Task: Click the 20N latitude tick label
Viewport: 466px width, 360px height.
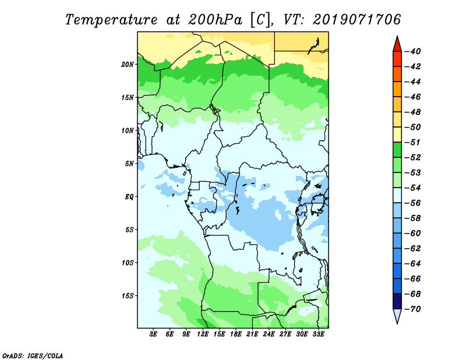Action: coord(127,65)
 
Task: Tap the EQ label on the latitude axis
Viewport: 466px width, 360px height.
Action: coord(129,197)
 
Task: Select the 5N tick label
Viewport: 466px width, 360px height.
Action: coord(129,164)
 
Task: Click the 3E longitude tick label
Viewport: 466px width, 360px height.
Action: coord(153,334)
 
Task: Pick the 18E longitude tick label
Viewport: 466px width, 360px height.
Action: coord(236,334)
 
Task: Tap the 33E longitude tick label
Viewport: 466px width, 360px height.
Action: coord(318,334)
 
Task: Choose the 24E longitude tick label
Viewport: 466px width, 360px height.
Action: coord(269,334)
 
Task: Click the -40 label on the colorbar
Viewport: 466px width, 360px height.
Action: coord(413,51)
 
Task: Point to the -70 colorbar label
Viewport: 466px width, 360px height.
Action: coord(413,309)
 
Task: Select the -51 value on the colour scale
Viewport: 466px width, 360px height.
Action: coord(413,142)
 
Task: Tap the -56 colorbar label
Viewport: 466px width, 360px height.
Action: coord(413,203)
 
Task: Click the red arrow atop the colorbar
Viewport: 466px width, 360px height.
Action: coord(397,45)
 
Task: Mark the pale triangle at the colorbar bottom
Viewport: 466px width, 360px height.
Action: coord(397,315)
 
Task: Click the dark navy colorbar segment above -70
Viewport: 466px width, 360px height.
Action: coord(397,301)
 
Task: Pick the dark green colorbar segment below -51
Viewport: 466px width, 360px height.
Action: coord(397,150)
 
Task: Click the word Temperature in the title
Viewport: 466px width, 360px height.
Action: coord(111,20)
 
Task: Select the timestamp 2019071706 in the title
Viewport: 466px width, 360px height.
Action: coord(356,20)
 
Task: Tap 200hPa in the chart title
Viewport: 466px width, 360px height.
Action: coord(215,20)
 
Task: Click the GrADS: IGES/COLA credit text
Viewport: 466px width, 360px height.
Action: coord(33,356)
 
